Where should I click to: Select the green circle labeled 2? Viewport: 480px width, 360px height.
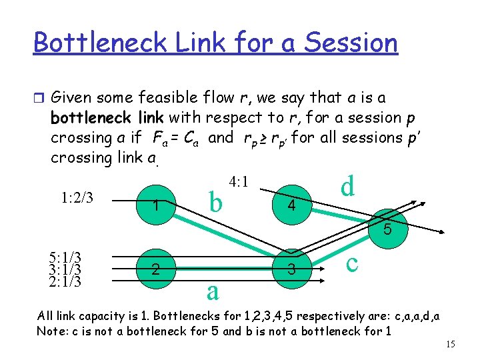pyautogui.click(x=155, y=269)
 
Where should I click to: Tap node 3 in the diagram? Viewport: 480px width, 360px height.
pyautogui.click(x=290, y=269)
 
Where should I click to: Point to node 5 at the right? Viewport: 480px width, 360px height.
pyautogui.click(x=386, y=228)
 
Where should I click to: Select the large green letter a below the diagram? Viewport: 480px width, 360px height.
pyautogui.click(x=212, y=291)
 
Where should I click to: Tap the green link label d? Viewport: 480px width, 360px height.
pyautogui.click(x=347, y=186)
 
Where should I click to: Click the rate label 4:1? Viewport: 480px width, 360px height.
pyautogui.click(x=239, y=181)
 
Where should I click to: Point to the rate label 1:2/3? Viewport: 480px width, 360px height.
pyautogui.click(x=77, y=197)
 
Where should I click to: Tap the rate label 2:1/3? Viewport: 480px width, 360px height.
pyautogui.click(x=65, y=281)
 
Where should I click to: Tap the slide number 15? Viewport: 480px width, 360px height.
pyautogui.click(x=450, y=343)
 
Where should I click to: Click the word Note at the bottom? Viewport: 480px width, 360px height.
pyautogui.click(x=49, y=331)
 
